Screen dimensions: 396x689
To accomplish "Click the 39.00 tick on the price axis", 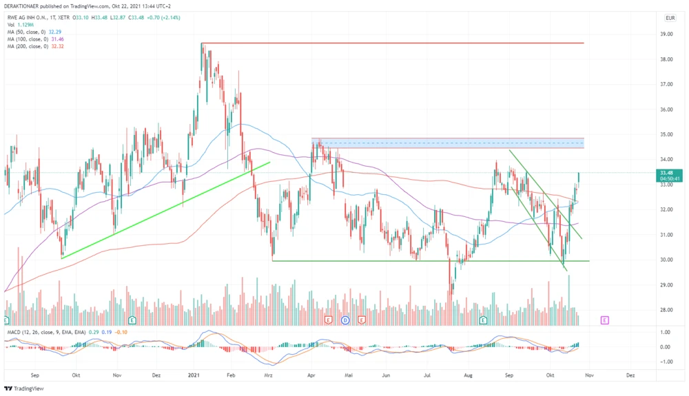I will point(667,34).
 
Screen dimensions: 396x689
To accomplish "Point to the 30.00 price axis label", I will point(667,260).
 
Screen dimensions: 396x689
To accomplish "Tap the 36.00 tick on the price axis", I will point(667,110).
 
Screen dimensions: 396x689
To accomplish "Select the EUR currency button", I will point(670,18).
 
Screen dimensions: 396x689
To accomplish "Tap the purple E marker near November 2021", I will point(604,320).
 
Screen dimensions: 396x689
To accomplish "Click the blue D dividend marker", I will point(345,320).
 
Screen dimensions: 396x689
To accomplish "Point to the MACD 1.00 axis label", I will point(666,333).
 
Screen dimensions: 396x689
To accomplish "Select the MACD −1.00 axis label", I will point(665,360).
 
